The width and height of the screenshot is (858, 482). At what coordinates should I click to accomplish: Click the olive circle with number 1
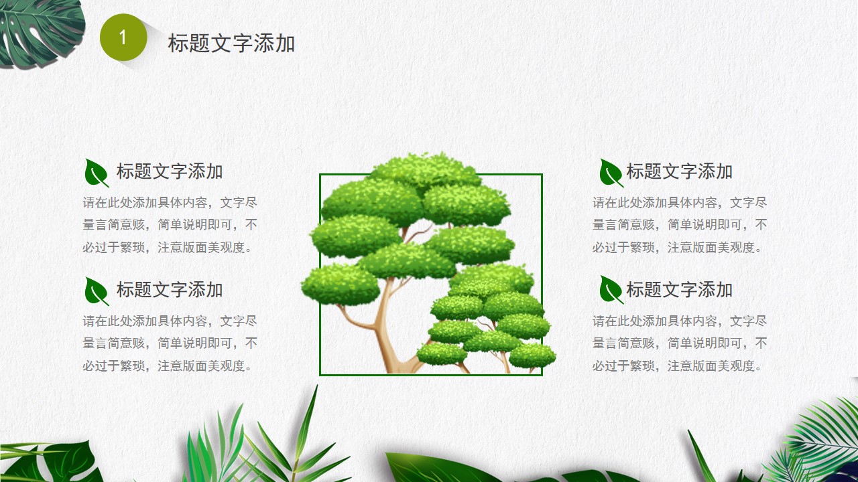point(123,37)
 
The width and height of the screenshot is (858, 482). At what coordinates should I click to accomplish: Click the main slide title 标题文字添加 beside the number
point(231,43)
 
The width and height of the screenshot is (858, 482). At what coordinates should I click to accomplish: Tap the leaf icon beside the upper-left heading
point(97,173)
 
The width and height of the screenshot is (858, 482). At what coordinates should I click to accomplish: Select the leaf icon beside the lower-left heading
point(97,291)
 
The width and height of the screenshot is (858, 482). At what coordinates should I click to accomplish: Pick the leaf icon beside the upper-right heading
point(611,173)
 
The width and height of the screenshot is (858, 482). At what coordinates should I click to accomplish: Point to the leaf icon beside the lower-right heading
point(611,290)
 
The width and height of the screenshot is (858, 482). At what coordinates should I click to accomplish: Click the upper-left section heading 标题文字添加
point(170,171)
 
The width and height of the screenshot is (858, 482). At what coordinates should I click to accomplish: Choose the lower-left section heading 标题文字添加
point(170,290)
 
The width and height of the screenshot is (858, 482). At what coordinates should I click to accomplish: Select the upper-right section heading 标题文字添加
point(680,171)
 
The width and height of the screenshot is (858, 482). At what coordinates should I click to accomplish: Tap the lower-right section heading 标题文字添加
point(680,290)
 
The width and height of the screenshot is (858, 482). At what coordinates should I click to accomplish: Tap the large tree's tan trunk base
point(398,364)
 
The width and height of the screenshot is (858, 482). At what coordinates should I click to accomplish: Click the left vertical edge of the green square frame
point(320,274)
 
